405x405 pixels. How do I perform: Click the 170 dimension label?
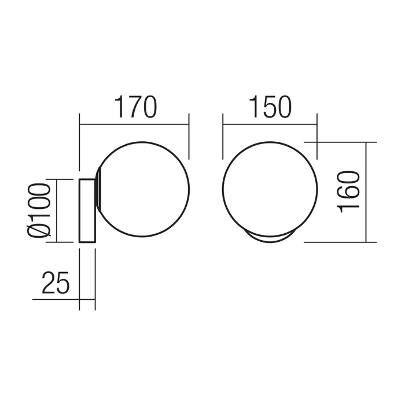137,107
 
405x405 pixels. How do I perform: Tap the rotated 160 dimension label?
349,192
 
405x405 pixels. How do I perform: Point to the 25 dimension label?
56,283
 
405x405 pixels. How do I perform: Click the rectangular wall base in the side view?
87,211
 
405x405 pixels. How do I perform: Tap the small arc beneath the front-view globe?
270,241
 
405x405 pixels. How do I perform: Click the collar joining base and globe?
98,188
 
